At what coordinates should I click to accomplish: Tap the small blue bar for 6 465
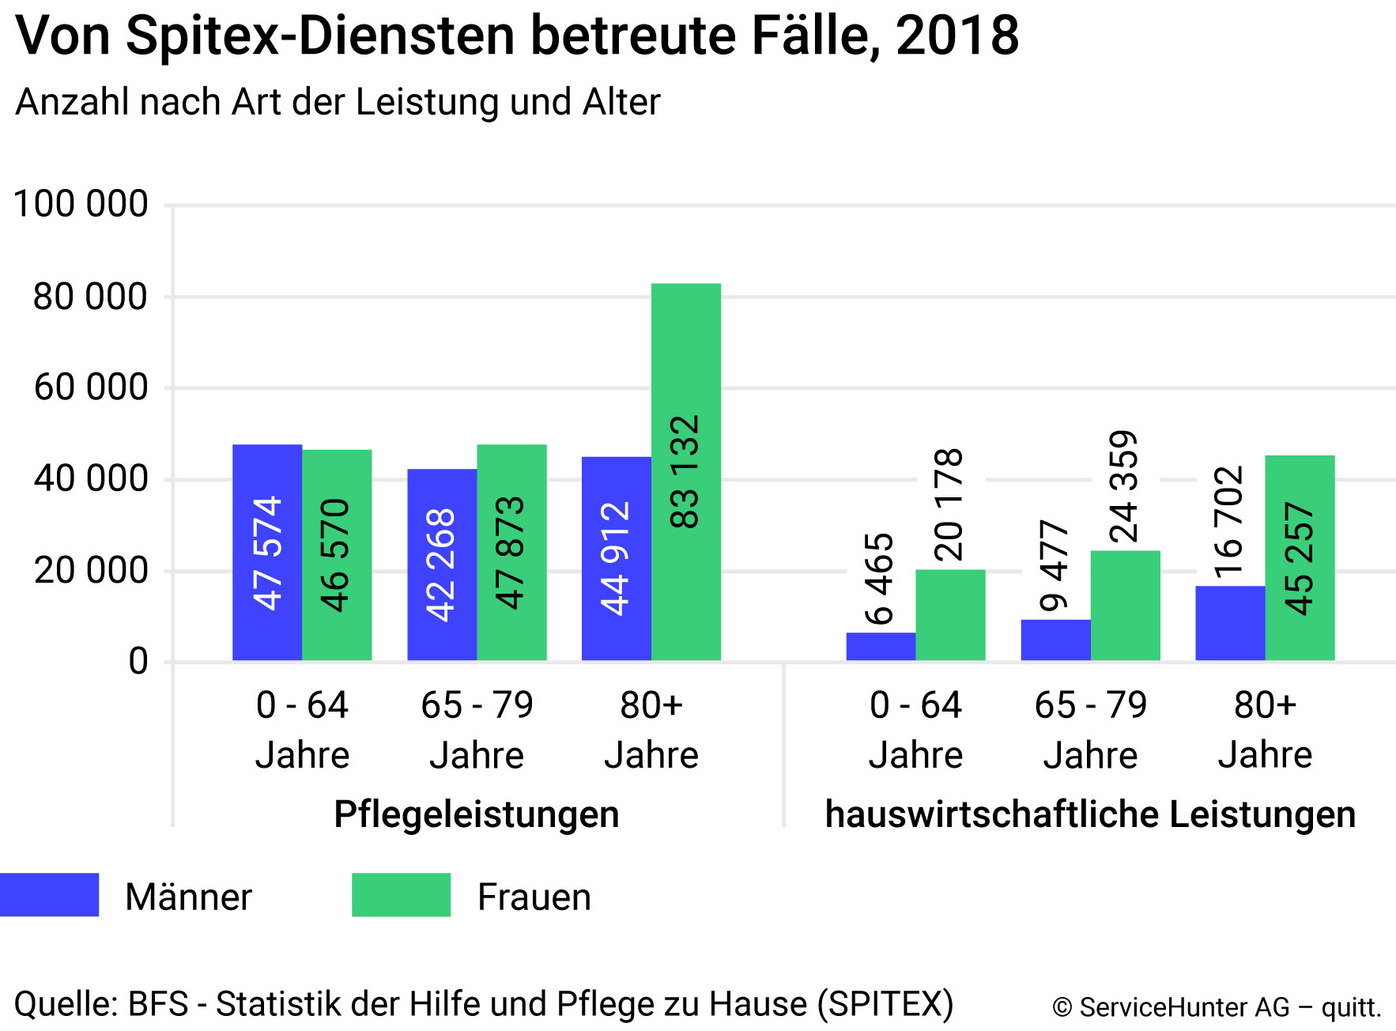pos(881,646)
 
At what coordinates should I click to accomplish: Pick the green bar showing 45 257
pos(1300,557)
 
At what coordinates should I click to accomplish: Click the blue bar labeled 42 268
pos(442,565)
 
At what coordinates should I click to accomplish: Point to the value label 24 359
pos(1124,486)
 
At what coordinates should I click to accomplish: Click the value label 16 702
pos(1229,522)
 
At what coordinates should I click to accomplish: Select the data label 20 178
pos(949,504)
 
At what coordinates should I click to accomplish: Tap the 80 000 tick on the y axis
pos(90,297)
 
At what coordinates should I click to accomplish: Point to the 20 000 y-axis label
pos(90,570)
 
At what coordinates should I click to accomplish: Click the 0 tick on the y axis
pos(138,661)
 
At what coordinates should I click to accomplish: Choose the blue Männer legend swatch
pos(49,895)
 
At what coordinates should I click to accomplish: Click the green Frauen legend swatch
pos(401,895)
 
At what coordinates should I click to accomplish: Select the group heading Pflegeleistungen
pos(476,814)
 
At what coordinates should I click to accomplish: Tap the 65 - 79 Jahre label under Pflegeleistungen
pos(477,729)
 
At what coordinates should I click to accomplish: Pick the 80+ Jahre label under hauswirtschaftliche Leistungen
pos(1265,729)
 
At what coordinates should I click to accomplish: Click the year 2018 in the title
pos(957,36)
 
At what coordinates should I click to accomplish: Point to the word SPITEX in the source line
pos(885,1004)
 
